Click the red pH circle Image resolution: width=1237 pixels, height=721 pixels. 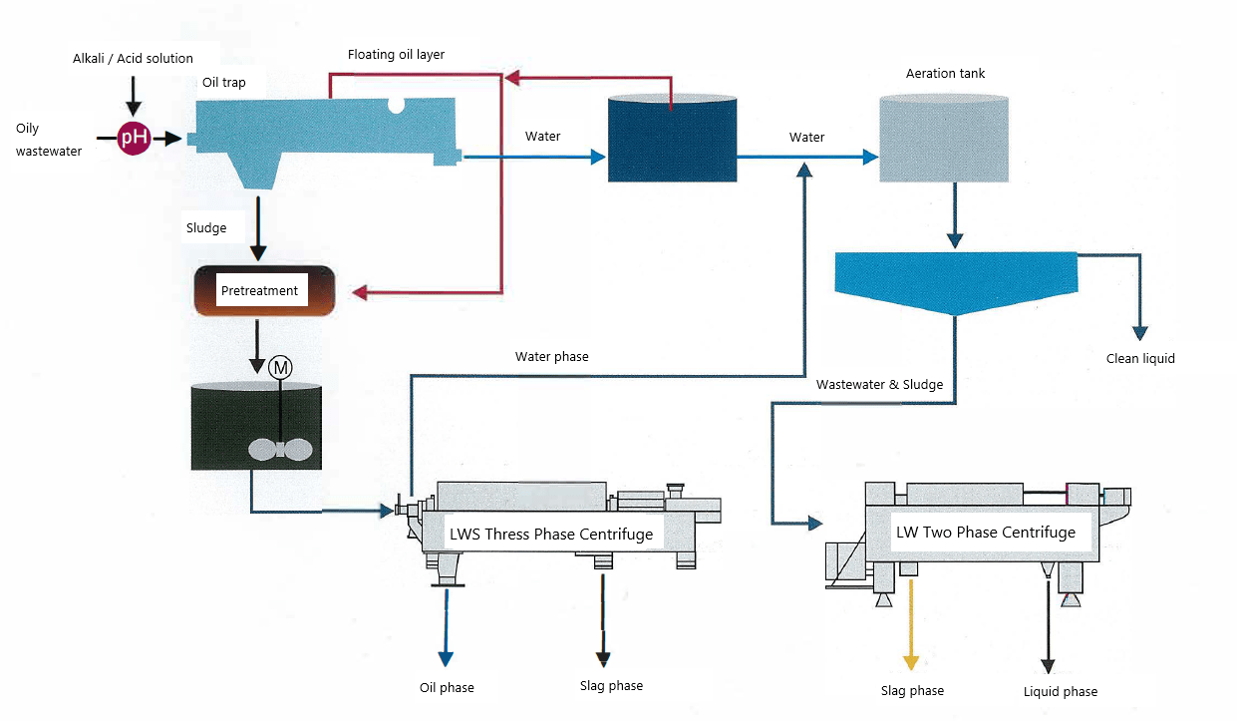pos(134,138)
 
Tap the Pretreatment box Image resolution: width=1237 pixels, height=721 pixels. pos(259,291)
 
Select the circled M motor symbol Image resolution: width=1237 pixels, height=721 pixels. pos(281,367)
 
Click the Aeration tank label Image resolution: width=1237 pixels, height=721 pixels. pos(945,74)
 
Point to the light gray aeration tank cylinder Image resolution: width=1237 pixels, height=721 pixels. pos(943,140)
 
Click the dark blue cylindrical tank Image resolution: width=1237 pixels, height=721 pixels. pos(672,140)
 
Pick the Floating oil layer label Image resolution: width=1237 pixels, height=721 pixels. pos(396,54)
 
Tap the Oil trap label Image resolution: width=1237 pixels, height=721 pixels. pos(223,82)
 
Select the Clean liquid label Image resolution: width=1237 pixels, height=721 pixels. pos(1140,358)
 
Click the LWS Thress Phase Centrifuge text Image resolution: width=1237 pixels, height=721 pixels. pos(551,534)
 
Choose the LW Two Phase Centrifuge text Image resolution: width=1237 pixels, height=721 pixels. pos(986,532)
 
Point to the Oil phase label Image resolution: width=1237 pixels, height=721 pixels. pos(447,687)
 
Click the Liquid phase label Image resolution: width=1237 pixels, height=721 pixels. pos(1060,691)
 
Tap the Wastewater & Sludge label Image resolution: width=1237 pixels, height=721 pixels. pos(879,384)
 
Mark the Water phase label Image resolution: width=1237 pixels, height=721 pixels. pos(551,356)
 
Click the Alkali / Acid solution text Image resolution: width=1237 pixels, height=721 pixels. pos(133,58)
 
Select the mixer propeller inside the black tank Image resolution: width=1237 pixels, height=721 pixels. pos(282,449)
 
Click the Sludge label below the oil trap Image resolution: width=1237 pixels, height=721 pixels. pos(206,227)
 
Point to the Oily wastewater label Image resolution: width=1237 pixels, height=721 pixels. pos(48,140)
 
